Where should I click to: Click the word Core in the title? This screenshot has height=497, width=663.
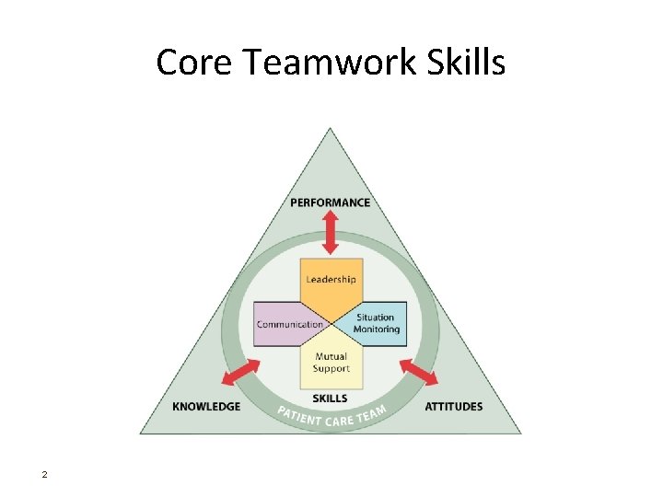[x=187, y=63]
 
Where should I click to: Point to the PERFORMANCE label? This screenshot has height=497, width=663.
[x=331, y=202]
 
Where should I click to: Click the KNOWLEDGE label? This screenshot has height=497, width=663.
[x=206, y=406]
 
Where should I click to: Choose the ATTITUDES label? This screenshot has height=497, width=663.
[x=453, y=406]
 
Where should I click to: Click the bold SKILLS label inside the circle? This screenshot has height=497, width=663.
[x=331, y=399]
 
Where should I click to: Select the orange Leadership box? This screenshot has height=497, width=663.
[x=331, y=280]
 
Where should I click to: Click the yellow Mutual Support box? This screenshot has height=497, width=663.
[x=331, y=363]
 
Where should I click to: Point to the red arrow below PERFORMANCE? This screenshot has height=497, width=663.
[x=331, y=232]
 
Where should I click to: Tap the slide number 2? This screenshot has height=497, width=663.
[x=43, y=475]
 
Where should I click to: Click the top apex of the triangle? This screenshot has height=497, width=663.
[x=331, y=130]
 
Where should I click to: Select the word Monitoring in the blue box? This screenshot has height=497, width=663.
[x=378, y=329]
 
